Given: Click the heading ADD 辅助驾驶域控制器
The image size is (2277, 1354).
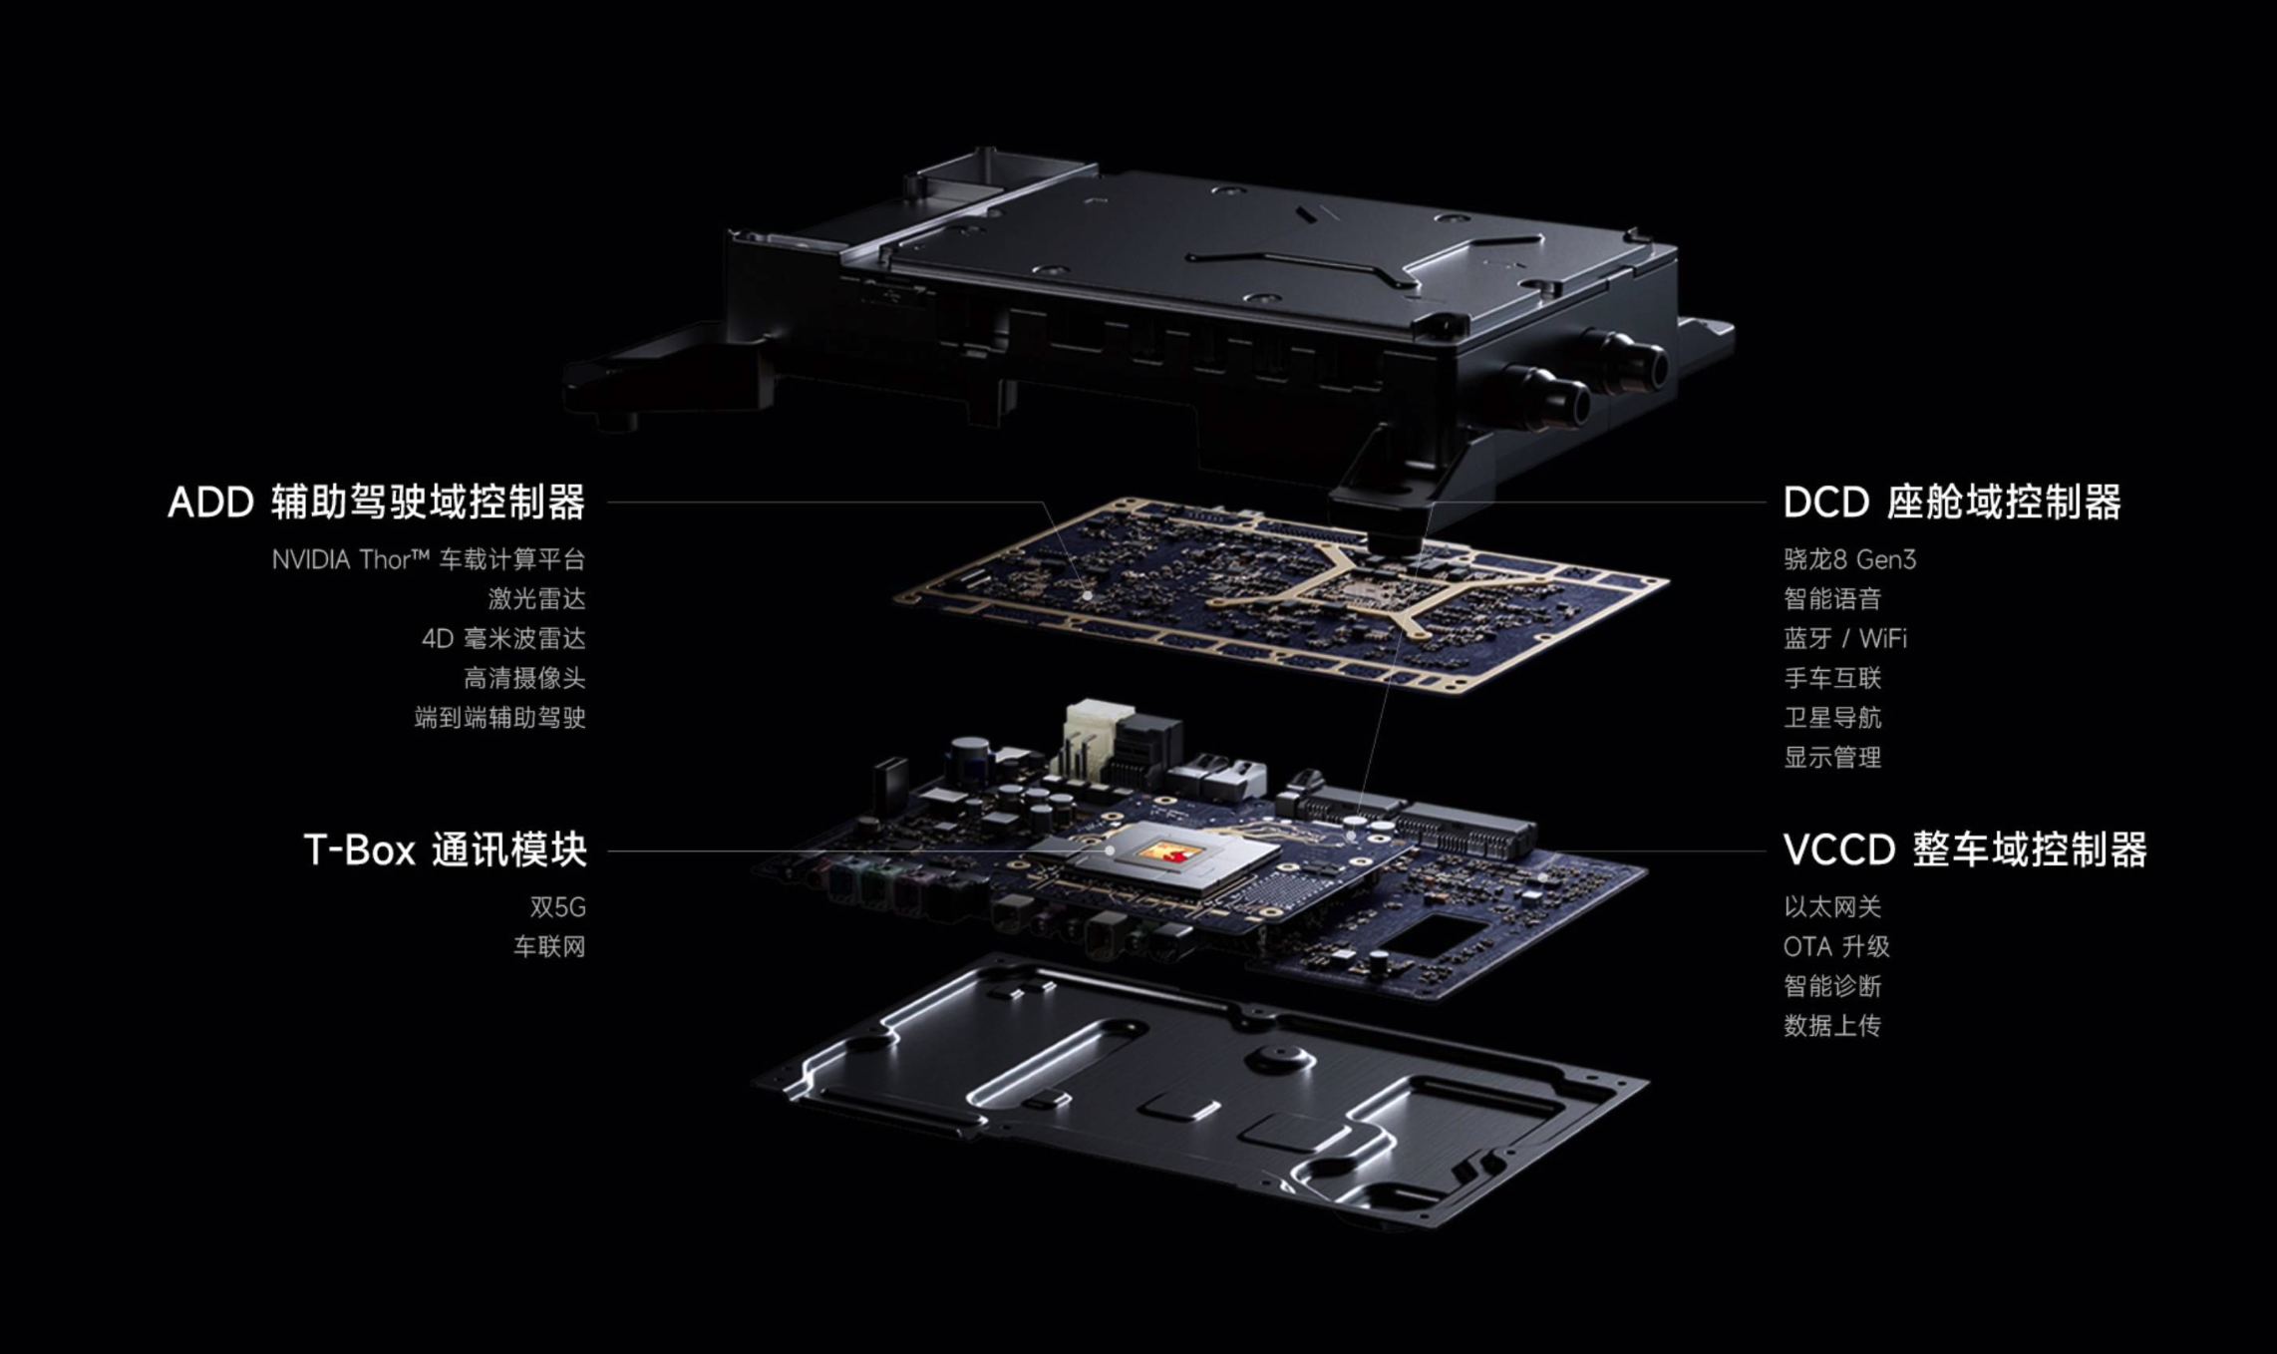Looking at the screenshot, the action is tap(377, 503).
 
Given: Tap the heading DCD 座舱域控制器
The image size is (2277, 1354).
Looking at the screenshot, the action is tap(1952, 503).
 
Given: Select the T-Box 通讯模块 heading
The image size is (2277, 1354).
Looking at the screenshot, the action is tap(445, 850).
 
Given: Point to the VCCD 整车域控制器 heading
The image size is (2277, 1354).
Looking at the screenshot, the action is tap(1965, 850).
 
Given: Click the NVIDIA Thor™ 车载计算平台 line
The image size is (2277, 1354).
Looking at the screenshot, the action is tap(429, 559).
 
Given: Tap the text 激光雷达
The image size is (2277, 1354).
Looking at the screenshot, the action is tap(536, 599).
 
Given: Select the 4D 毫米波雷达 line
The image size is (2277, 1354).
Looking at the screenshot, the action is tap(503, 638).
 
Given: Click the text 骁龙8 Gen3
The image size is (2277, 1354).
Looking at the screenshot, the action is tap(1849, 559).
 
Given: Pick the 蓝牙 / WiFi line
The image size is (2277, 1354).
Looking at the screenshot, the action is tap(1845, 638).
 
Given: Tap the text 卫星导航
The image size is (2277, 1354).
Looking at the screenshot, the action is tap(1832, 718).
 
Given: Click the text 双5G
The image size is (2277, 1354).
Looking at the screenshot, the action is tap(558, 907).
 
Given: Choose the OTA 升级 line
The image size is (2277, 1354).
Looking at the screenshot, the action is tap(1836, 946).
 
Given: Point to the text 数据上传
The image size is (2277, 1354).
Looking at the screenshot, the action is tap(1832, 1026).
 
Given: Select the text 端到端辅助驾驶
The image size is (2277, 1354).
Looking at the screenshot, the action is tap(500, 718).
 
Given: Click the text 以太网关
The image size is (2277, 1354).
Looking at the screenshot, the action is tap(1832, 907).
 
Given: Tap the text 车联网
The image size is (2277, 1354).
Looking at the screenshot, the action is tap(549, 946).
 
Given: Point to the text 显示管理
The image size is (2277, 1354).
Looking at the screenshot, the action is tap(1832, 758).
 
